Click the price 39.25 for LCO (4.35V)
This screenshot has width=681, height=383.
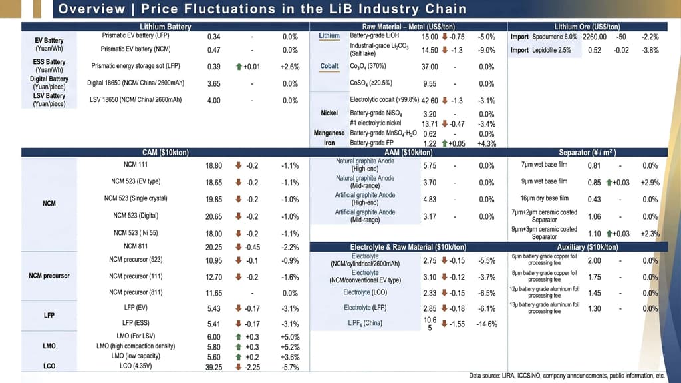(x=213, y=367)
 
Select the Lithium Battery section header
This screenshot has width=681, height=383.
(x=166, y=27)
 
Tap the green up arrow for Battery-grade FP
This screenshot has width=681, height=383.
(x=444, y=143)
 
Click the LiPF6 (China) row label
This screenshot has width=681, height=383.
(x=365, y=323)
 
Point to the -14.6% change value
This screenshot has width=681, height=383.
(x=487, y=324)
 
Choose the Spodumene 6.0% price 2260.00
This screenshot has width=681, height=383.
(x=595, y=37)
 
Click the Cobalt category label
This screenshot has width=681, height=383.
(x=329, y=66)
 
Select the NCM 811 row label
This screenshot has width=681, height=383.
(x=136, y=246)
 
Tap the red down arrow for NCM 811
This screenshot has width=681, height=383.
(x=239, y=247)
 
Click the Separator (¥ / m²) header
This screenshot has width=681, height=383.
(x=588, y=153)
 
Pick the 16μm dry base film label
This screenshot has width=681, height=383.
(x=545, y=198)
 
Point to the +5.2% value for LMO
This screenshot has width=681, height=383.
(x=290, y=347)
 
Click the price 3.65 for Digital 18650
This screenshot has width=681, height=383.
(x=213, y=83)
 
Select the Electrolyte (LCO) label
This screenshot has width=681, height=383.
(x=365, y=292)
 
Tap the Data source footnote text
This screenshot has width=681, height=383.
(x=567, y=376)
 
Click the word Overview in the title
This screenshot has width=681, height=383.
(x=92, y=9)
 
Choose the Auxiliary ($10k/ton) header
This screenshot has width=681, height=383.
(x=588, y=247)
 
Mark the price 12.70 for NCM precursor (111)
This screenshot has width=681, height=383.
(x=213, y=277)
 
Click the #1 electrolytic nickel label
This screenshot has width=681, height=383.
(x=376, y=123)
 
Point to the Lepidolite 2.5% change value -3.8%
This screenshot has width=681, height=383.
(x=650, y=51)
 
